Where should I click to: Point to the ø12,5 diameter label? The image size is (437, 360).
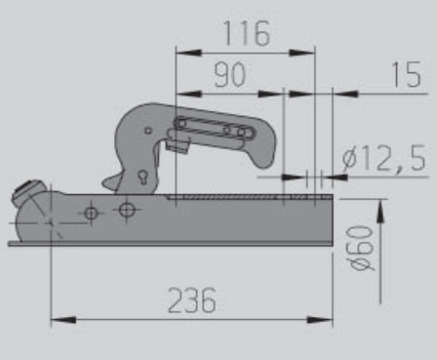[x=384, y=158]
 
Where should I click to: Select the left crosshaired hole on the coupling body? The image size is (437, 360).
[x=91, y=212]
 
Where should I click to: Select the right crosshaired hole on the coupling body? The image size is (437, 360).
[x=125, y=209]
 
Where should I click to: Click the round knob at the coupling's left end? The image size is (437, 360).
[x=28, y=191]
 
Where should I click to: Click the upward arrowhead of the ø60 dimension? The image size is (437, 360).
[x=377, y=209]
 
